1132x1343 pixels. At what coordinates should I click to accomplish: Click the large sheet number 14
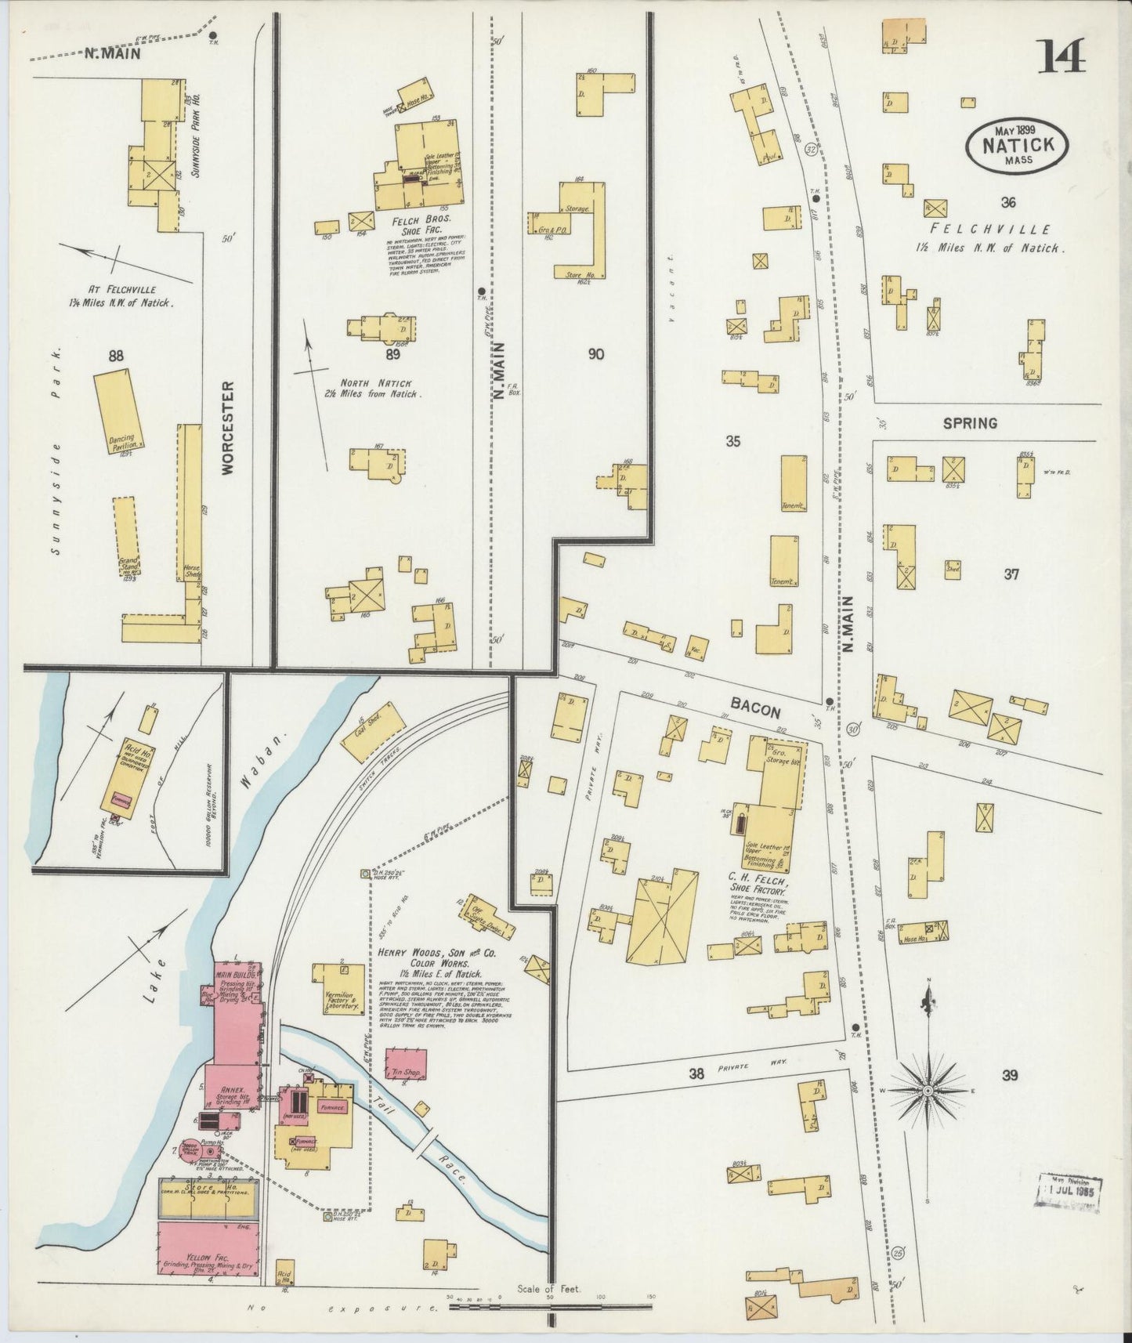1062,56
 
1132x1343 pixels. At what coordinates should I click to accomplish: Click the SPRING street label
970,423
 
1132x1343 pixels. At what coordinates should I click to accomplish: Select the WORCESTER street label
228,427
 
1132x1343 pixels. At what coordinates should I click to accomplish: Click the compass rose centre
928,1091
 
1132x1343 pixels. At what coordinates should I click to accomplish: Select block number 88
116,357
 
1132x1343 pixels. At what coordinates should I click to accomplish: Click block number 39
1010,1076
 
